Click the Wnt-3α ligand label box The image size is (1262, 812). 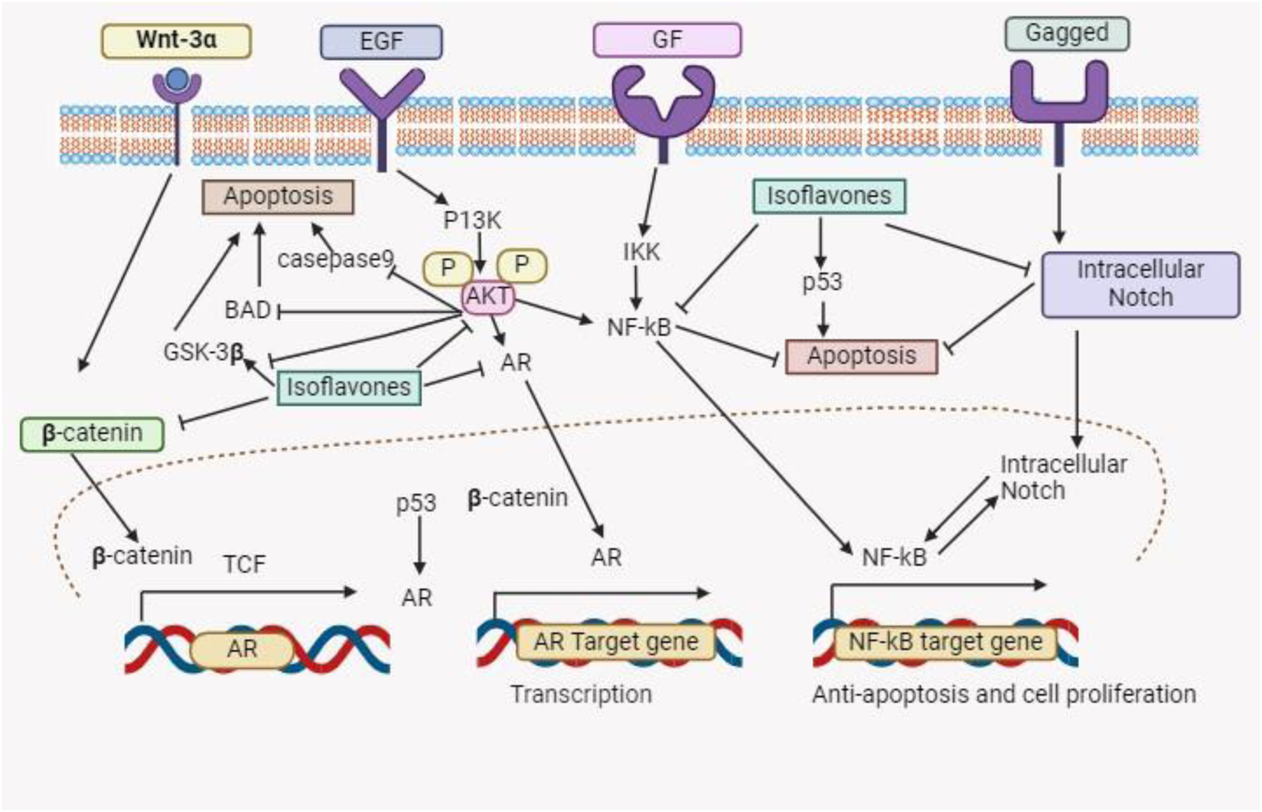176,41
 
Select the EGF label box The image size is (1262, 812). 380,41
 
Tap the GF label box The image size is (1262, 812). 667,40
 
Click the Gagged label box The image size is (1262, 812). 1066,34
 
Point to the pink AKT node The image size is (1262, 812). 488,296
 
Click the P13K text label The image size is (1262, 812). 471,220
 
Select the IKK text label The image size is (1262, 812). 641,252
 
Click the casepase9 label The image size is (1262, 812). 334,259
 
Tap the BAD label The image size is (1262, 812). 248,310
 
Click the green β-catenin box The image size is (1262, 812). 92,433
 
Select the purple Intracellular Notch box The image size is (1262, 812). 1140,284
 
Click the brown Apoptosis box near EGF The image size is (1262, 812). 278,197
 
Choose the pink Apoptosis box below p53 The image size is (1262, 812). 861,356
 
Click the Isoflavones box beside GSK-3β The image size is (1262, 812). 348,387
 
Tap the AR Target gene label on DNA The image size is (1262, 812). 615,641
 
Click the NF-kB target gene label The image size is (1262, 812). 944,641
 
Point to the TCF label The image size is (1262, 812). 244,565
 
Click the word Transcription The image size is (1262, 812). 581,694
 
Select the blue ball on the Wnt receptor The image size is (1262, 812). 177,78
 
